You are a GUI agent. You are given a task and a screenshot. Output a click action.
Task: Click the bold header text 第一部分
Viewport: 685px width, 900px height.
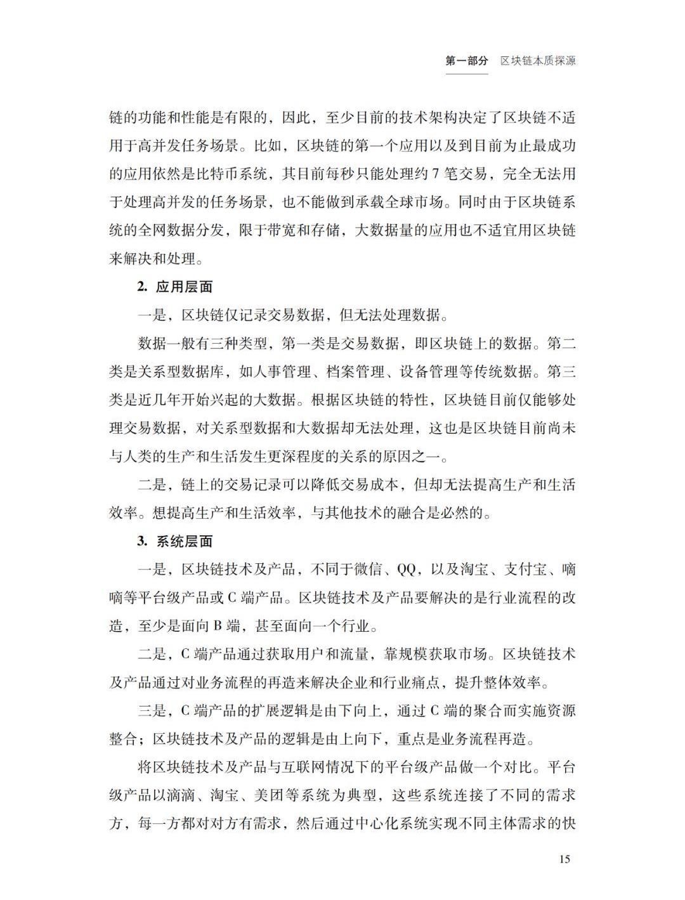[467, 61]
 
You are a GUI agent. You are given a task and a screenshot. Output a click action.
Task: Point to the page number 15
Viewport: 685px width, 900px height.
[565, 859]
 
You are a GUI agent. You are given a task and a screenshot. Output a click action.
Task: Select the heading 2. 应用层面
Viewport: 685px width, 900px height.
[175, 287]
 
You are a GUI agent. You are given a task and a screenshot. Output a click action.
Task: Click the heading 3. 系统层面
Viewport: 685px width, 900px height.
[175, 541]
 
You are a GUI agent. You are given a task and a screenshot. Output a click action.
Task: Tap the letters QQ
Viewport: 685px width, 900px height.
[405, 570]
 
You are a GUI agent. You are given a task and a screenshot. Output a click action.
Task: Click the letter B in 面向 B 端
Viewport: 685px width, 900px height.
[216, 626]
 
